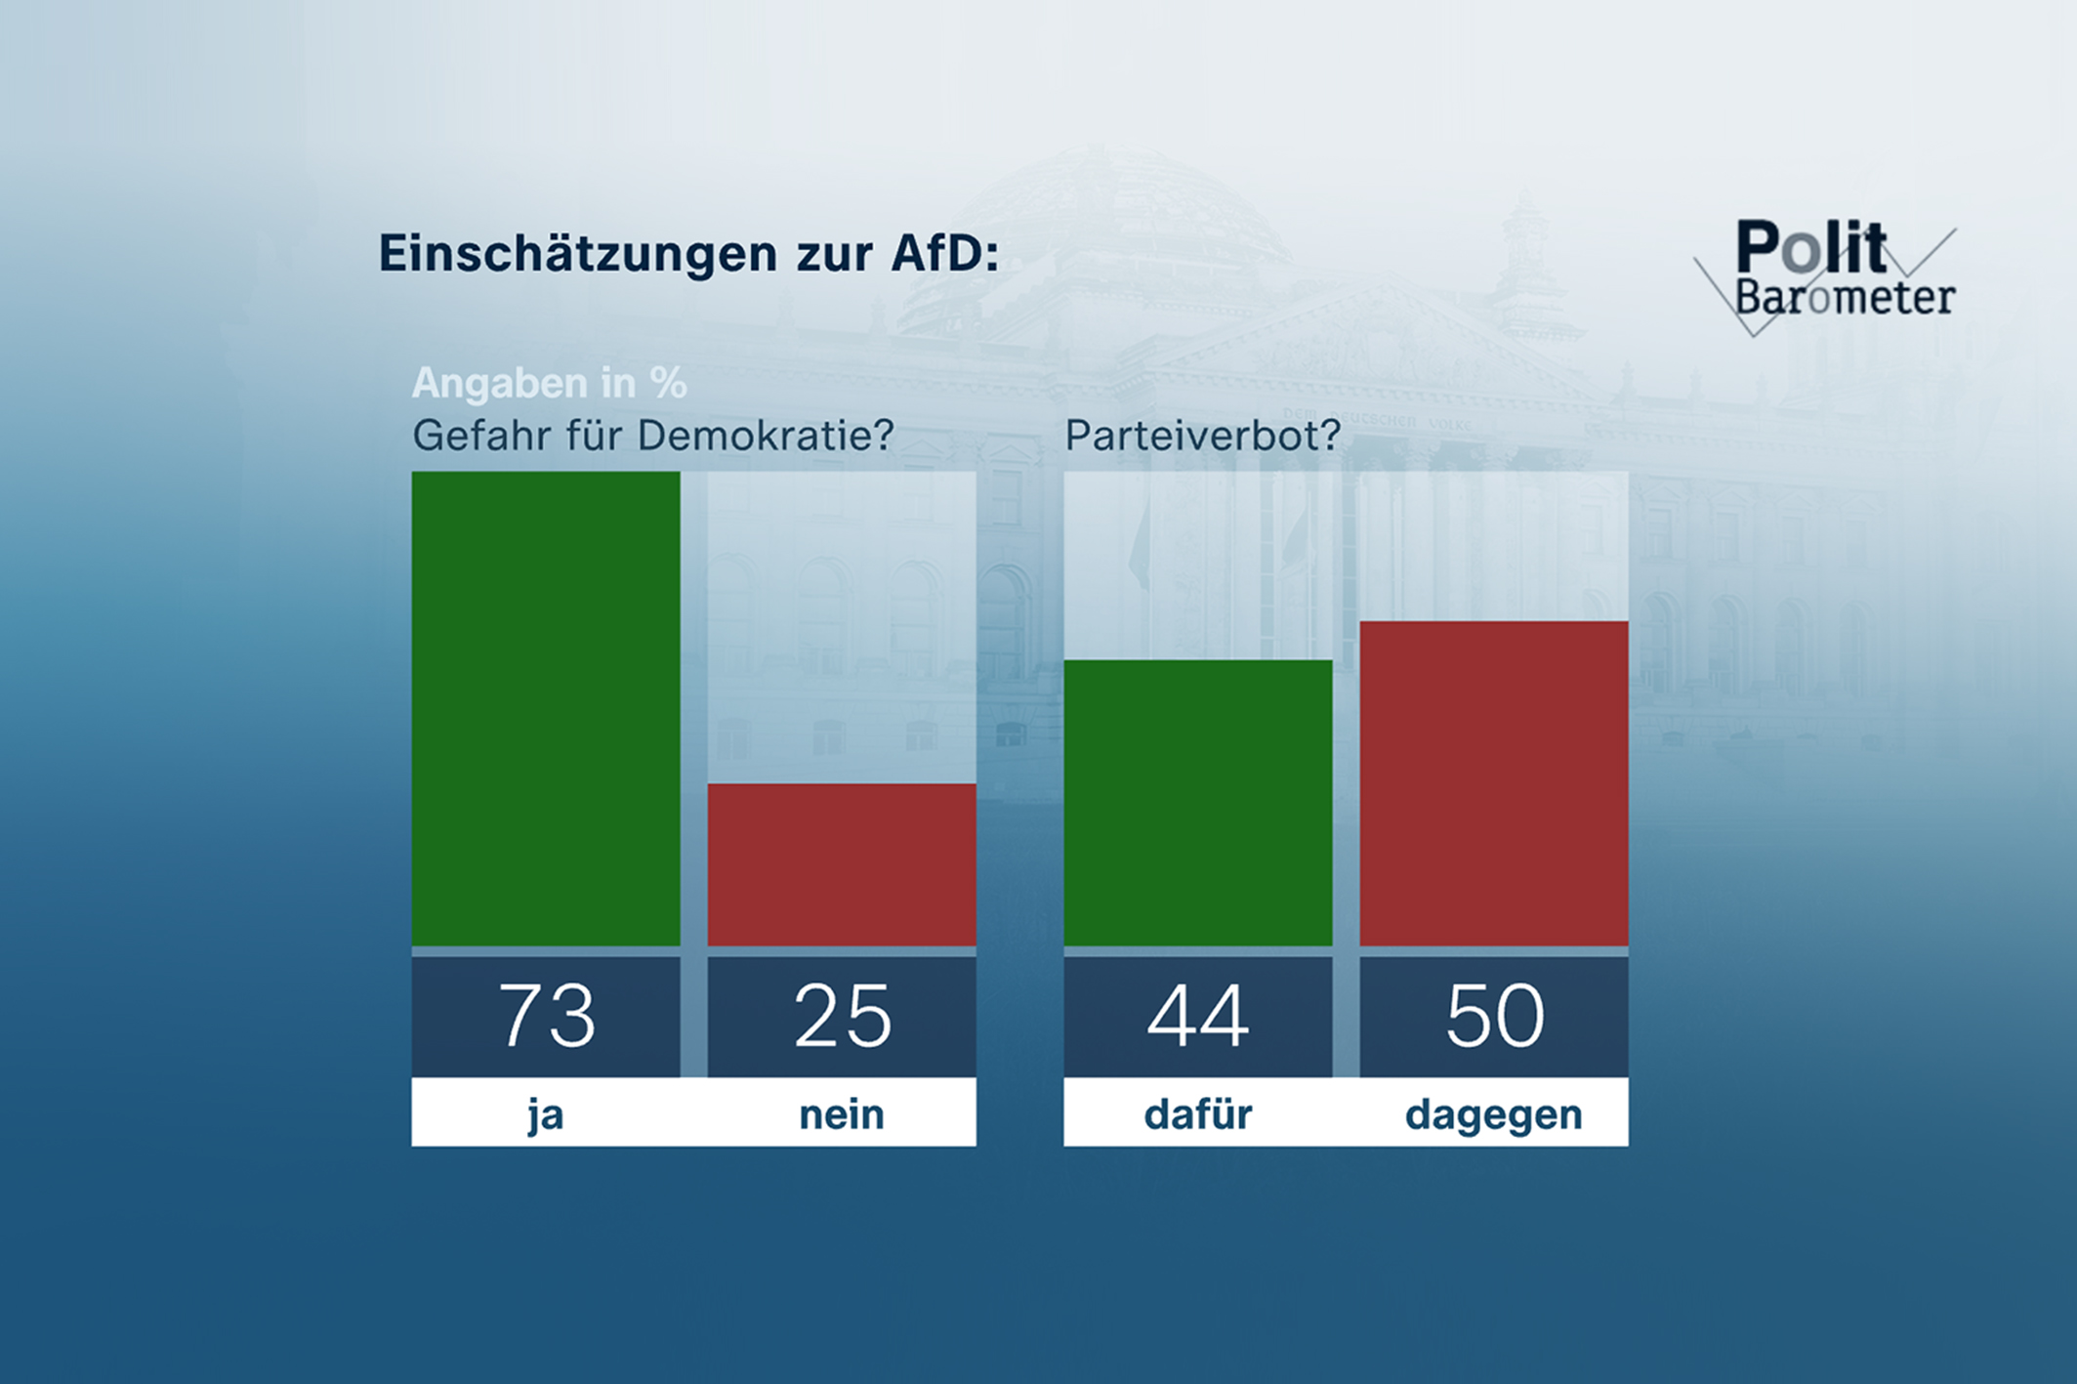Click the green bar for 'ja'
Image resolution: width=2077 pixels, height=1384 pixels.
[545, 708]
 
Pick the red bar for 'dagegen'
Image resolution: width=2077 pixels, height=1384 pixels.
[1493, 782]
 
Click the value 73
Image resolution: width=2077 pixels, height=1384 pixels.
[546, 1016]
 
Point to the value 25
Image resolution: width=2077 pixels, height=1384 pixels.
[842, 1016]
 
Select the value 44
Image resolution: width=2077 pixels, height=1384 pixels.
[1197, 1016]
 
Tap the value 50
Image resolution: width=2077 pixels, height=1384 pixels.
[1494, 1016]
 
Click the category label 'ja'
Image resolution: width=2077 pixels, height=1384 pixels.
[546, 1114]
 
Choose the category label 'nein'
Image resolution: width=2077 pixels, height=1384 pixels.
[842, 1114]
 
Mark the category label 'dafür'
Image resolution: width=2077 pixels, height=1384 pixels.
[1197, 1114]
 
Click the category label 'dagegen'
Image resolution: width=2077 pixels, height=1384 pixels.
[1493, 1114]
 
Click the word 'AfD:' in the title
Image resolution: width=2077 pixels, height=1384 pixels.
[944, 253]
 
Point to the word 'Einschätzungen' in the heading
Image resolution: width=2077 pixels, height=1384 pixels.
[578, 253]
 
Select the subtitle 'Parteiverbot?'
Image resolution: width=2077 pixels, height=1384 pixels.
[1202, 436]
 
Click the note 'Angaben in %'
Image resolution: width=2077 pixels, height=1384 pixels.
[549, 383]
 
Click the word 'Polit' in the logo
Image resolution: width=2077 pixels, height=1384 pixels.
[1810, 248]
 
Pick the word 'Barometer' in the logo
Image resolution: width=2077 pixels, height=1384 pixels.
[1845, 297]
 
